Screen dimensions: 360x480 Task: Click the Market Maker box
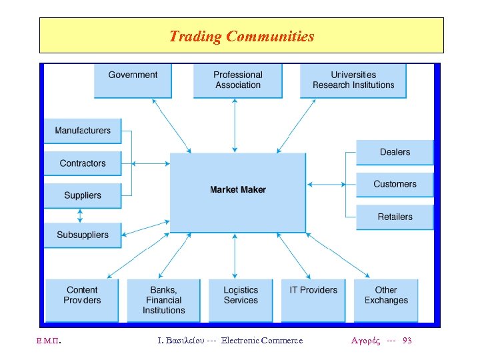pos(238,192)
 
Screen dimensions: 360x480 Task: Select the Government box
pos(133,80)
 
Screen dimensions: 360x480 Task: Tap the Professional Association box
pos(237,80)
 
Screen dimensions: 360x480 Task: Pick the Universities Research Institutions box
pos(353,80)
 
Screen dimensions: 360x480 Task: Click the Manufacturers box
pos(83,131)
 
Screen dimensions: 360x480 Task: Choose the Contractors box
pos(83,163)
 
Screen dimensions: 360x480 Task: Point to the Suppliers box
pos(83,195)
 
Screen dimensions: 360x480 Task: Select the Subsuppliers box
pos(83,235)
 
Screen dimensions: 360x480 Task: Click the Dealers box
pos(395,152)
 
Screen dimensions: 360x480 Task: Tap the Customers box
pos(395,184)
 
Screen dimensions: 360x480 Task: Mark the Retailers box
pos(395,217)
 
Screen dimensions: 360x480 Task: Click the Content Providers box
pos(82,299)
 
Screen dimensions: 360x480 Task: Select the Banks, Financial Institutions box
pos(163,300)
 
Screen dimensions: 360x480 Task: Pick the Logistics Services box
pos(241,299)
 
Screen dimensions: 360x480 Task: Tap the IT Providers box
pos(313,299)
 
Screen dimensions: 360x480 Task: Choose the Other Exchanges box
pos(386,299)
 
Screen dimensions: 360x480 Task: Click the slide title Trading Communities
pos(241,36)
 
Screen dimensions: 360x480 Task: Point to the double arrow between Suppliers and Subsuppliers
pos(81,215)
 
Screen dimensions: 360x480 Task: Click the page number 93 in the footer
pos(407,341)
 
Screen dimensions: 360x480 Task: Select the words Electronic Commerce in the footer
pos(262,341)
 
